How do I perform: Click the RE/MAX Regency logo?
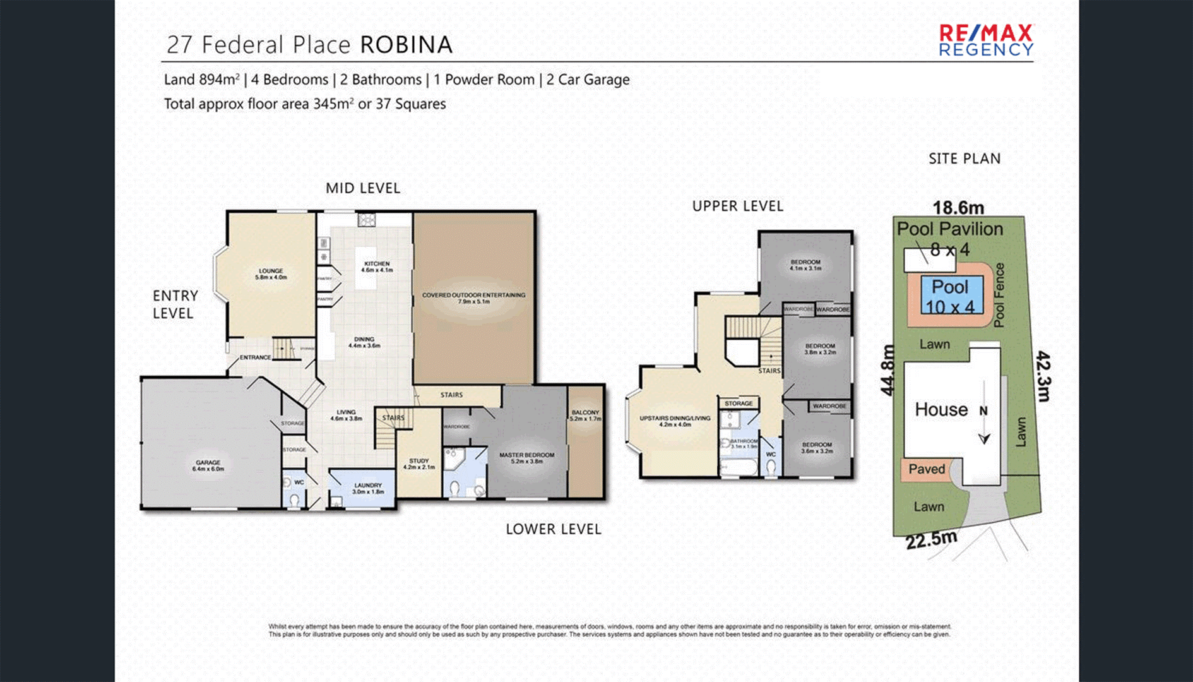click(x=986, y=40)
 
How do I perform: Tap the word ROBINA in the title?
click(x=407, y=45)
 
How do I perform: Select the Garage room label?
click(x=208, y=465)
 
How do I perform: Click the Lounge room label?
click(x=271, y=274)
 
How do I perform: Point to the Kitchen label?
click(x=377, y=266)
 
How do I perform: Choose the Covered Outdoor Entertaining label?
click(x=473, y=298)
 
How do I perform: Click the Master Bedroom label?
click(x=526, y=458)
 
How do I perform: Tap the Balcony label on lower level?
click(x=585, y=415)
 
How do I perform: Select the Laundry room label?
click(x=368, y=488)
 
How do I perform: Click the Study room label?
click(x=418, y=464)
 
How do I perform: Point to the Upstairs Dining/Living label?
click(x=675, y=421)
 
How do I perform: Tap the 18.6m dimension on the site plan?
click(x=958, y=208)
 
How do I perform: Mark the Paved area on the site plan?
click(x=926, y=469)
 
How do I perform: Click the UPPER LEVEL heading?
click(x=737, y=206)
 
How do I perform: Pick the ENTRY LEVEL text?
click(x=175, y=304)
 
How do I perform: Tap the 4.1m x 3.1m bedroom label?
click(x=805, y=265)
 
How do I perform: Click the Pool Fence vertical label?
click(x=999, y=296)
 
